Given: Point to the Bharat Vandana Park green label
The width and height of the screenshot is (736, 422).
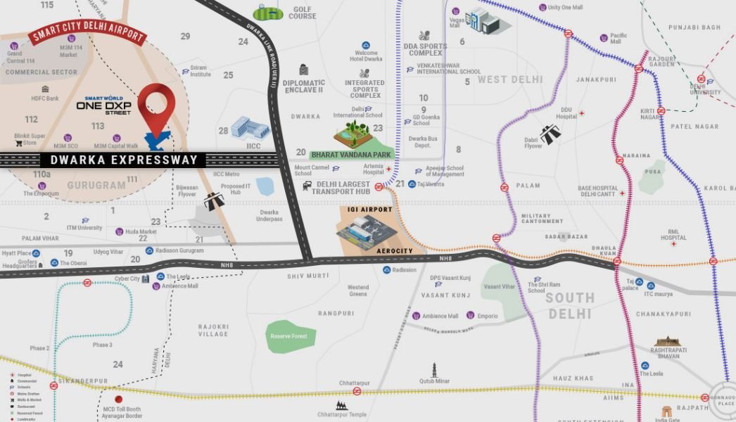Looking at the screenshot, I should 352,153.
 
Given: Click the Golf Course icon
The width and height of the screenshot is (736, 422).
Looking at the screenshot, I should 268,12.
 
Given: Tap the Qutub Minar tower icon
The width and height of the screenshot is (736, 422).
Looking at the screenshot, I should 435,370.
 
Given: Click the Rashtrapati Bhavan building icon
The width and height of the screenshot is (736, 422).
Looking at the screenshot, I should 668,341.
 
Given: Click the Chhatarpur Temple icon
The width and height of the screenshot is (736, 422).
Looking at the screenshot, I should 341,406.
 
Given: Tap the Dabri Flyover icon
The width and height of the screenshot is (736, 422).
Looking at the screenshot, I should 550,134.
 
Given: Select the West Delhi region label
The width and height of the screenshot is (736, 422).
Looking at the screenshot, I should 510,79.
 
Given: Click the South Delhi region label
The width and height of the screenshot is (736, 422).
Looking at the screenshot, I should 569,305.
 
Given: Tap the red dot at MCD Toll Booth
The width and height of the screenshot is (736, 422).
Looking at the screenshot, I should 118,399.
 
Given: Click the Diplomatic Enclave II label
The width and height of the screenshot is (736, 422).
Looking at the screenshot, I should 303,86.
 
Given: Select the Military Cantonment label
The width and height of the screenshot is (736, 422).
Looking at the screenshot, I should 543,218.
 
